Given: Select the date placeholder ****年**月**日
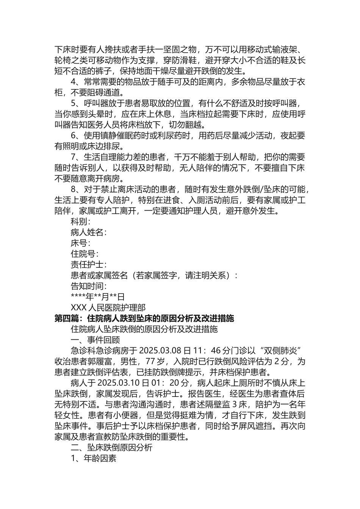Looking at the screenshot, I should [x=97, y=297].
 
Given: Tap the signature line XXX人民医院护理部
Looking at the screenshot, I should [x=108, y=308].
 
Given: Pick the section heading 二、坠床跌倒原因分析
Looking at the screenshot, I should [x=112, y=447].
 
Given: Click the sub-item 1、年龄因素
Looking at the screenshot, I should [x=94, y=458].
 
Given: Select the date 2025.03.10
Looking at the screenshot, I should [x=118, y=383].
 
